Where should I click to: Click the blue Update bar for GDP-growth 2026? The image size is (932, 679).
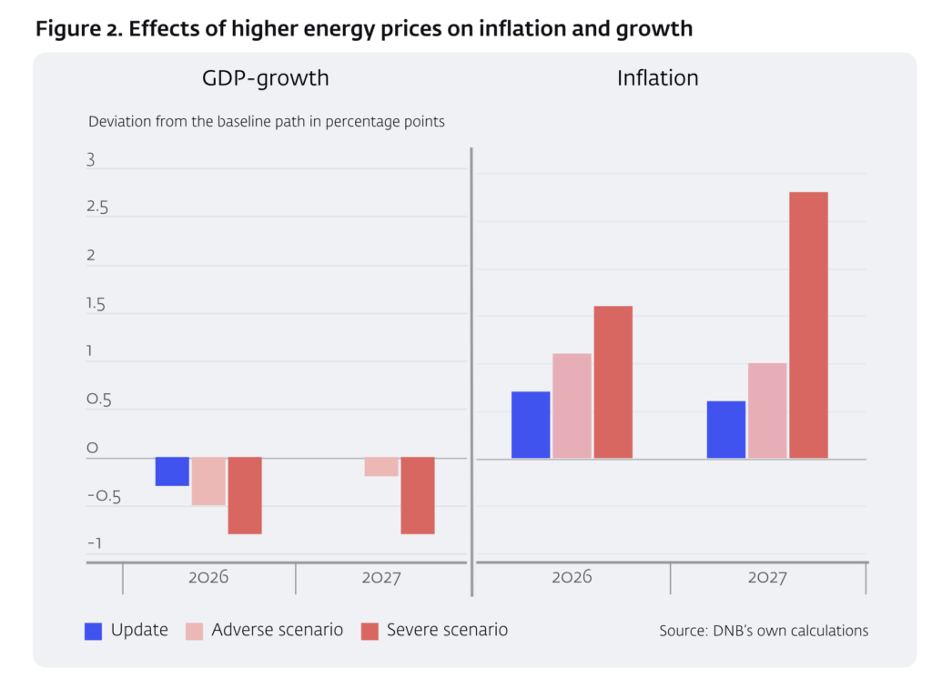point(172,471)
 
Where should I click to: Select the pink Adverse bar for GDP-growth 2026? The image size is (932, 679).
point(208,481)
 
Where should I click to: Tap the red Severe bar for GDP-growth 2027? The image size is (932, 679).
point(418,495)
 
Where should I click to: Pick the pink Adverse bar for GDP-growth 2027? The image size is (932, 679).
point(381,466)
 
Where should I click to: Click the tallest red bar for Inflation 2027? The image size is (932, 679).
point(808,325)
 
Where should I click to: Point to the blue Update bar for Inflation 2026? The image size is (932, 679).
point(531,425)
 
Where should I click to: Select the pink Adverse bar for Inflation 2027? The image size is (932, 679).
point(767,410)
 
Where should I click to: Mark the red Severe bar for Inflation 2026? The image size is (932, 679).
point(613,382)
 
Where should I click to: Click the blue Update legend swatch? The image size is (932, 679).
point(93,630)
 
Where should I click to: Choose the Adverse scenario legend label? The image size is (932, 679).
point(277,630)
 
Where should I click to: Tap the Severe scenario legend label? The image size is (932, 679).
point(447,630)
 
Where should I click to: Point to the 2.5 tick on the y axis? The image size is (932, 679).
point(97,208)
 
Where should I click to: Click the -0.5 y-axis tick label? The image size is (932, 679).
point(103,497)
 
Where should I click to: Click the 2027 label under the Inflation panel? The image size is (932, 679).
point(767,578)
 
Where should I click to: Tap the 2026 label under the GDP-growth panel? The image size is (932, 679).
point(208,578)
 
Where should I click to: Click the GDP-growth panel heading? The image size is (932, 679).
point(265,78)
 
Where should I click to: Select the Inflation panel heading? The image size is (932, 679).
point(657,78)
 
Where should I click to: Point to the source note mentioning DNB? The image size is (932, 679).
point(764,631)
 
